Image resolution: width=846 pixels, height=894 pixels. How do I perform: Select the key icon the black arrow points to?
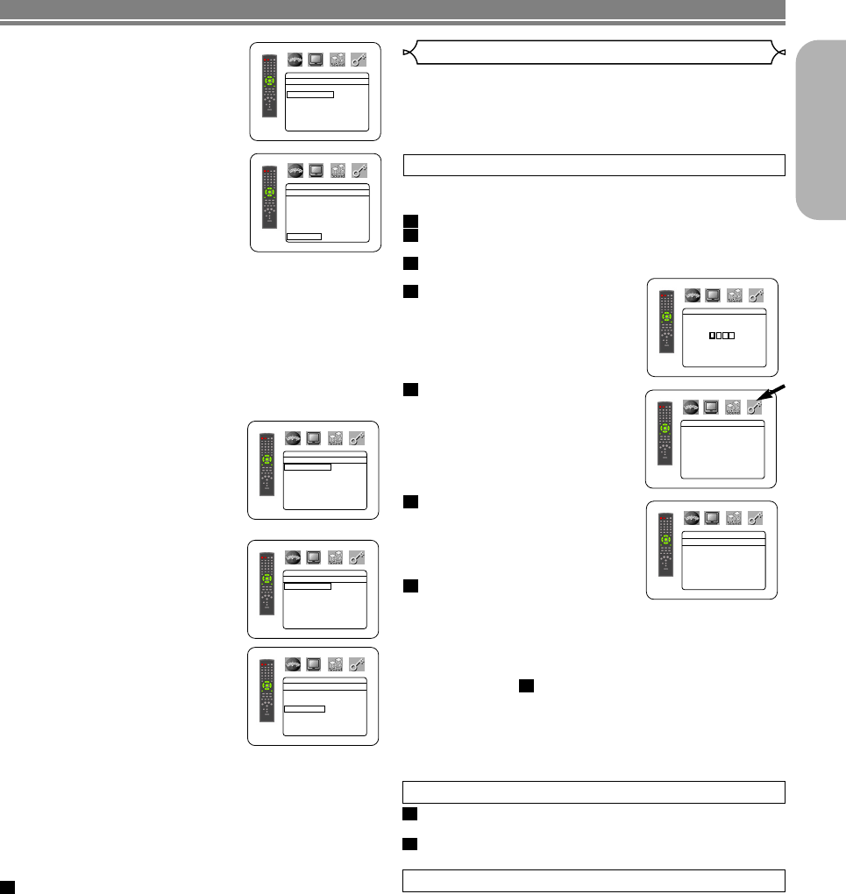point(755,406)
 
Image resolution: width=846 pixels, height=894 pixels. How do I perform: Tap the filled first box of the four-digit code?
point(713,336)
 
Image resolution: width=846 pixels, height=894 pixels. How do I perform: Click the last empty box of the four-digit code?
point(731,336)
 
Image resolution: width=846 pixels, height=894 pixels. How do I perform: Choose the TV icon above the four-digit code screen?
point(714,296)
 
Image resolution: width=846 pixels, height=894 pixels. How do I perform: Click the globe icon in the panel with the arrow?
point(692,406)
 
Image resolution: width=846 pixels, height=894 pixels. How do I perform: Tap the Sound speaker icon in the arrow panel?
point(735,406)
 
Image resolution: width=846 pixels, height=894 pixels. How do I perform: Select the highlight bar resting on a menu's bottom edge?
point(304,236)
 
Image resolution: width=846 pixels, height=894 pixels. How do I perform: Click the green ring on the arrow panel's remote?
point(665,429)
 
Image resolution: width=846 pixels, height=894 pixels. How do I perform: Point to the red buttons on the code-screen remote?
point(664,295)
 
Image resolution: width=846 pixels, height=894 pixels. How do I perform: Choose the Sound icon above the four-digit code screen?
point(735,296)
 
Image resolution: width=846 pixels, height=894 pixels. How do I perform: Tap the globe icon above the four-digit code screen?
point(693,296)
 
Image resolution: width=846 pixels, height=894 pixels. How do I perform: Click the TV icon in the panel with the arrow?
point(714,406)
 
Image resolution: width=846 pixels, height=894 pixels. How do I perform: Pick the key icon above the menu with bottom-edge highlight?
point(359,170)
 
